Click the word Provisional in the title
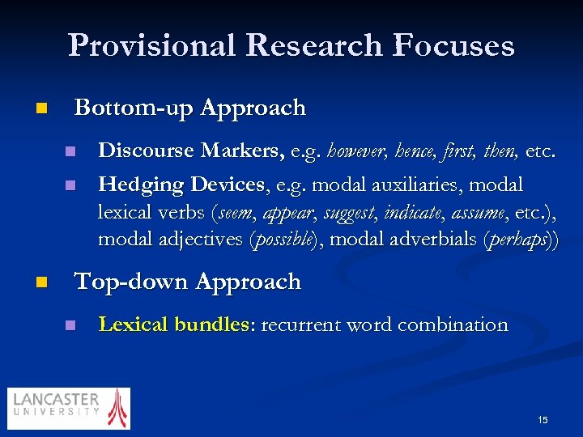[151, 45]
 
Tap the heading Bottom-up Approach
[189, 108]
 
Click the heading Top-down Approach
[187, 282]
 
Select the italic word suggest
[350, 213]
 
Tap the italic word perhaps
[521, 240]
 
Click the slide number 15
[543, 419]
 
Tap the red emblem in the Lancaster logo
[118, 407]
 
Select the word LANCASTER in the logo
[57, 401]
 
